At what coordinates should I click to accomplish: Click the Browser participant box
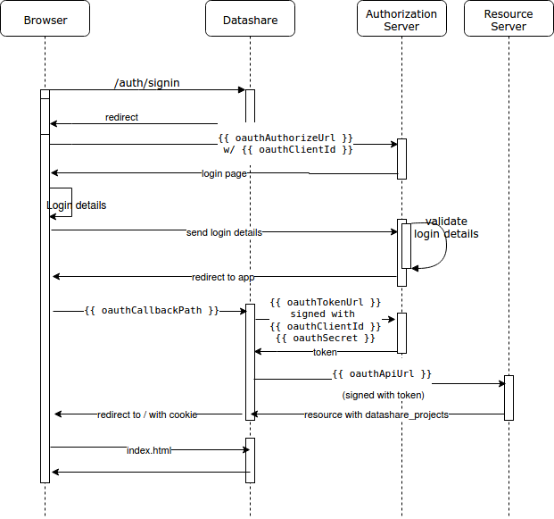[x=45, y=19]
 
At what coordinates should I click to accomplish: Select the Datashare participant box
[x=250, y=19]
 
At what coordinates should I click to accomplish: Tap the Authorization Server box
[x=401, y=19]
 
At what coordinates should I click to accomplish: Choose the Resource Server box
[x=509, y=19]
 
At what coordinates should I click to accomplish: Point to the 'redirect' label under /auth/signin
[x=121, y=117]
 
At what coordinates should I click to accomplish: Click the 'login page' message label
[x=224, y=173]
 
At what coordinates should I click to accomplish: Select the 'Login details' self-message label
[x=76, y=205]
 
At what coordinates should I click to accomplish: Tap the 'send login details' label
[x=224, y=232]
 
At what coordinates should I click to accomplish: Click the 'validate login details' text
[x=446, y=228]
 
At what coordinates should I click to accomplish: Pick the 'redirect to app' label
[x=229, y=277]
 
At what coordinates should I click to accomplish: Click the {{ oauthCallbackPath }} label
[x=152, y=311]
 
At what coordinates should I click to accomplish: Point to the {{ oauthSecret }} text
[x=325, y=339]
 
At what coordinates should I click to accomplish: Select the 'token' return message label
[x=325, y=352]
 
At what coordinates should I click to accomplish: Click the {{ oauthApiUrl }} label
[x=382, y=373]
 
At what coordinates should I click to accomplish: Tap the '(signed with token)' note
[x=383, y=394]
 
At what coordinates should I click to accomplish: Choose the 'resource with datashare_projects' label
[x=376, y=414]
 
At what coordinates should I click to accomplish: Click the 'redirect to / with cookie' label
[x=147, y=414]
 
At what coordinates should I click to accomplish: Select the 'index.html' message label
[x=148, y=450]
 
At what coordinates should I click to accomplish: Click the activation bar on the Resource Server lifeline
[x=509, y=398]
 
